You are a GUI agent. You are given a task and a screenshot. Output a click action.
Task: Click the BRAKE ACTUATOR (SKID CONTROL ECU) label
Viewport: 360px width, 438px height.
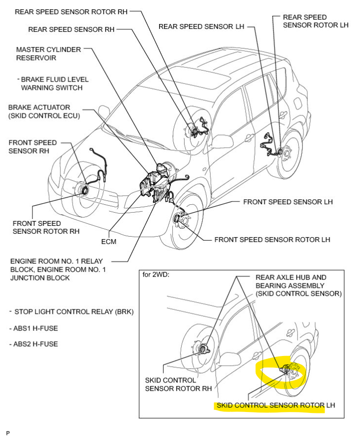[44, 111]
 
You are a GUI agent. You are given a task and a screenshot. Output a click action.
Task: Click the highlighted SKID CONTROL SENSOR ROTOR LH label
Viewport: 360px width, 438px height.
[270, 406]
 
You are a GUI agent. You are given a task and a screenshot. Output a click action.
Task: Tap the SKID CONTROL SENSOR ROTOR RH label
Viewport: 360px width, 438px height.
[178, 384]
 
